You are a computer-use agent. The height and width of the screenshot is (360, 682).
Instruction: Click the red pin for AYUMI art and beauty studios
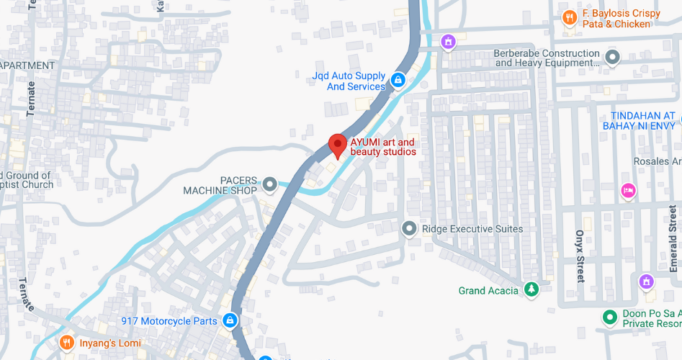coord(337,145)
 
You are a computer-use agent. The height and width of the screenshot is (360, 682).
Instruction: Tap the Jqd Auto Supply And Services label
coord(349,81)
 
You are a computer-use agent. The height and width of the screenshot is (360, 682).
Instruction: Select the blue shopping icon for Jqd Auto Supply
coord(398,78)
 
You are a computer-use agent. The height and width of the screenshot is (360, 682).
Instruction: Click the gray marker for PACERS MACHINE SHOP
coord(270,185)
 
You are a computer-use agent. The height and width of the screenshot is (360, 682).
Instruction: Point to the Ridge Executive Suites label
coord(472,229)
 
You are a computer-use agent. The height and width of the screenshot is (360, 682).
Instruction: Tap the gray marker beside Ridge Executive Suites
coord(409,229)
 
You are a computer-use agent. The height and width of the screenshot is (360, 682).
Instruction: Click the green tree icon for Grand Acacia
coord(531,289)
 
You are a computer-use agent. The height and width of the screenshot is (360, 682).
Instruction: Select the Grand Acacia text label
coord(488,291)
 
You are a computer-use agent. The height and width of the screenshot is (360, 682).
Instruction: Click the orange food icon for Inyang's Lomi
coord(67,343)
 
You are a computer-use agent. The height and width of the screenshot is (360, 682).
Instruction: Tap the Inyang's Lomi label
coord(109,343)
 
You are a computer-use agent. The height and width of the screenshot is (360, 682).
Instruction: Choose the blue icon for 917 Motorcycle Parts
coord(229,320)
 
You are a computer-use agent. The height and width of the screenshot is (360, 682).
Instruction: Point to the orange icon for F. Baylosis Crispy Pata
coord(570,18)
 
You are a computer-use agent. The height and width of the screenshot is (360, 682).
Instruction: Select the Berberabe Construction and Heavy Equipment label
coord(547,58)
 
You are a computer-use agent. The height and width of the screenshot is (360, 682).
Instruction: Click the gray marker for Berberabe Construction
coord(613,56)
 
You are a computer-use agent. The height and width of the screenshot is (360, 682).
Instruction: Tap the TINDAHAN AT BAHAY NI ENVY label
coord(642,121)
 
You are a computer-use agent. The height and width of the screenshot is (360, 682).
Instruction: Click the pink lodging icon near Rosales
coord(628,190)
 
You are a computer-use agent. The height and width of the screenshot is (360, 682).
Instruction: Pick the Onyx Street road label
coord(580,256)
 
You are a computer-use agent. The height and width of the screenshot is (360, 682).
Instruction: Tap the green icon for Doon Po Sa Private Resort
coord(610,318)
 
